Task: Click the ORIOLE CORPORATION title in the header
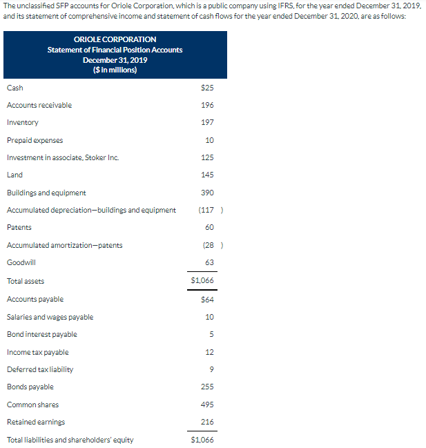tap(115, 39)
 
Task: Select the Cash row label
tap(14, 88)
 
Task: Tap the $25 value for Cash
tap(206, 88)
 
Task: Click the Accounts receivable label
tap(39, 105)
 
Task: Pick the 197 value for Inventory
tap(207, 122)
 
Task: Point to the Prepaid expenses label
tap(35, 140)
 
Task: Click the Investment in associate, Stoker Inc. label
tap(62, 157)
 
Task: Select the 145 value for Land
tap(207, 175)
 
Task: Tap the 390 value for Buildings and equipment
tap(207, 193)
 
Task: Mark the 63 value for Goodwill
tap(209, 262)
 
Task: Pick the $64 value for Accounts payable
tap(207, 299)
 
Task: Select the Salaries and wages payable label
tap(50, 317)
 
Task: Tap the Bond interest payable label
tap(41, 334)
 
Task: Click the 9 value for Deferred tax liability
tap(211, 369)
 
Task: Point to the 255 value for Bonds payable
tap(207, 387)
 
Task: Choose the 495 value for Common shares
tap(207, 405)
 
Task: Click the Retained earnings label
tap(35, 422)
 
